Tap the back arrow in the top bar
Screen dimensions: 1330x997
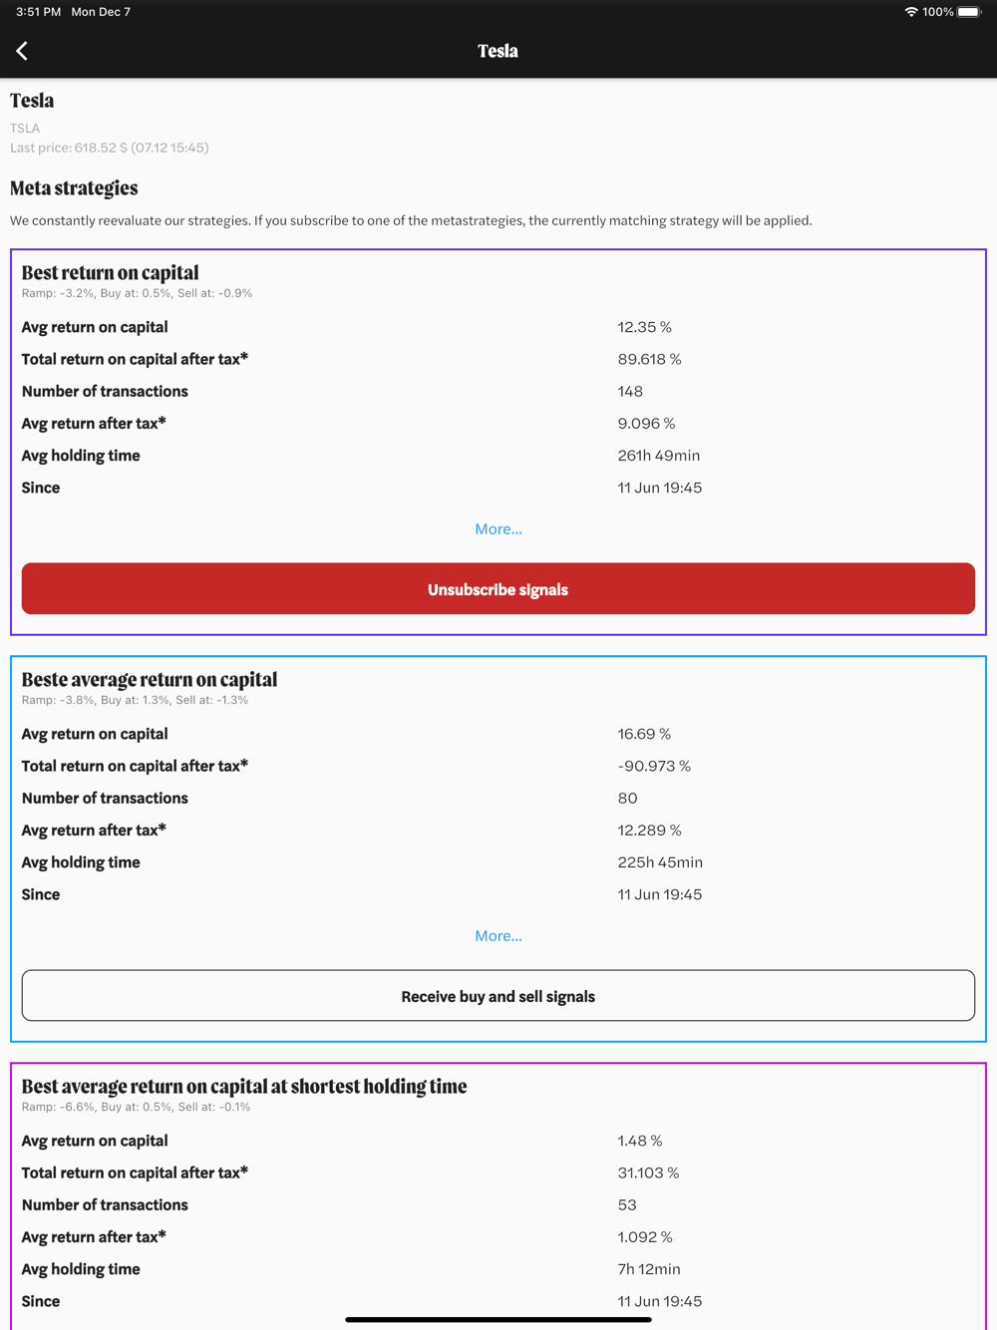[x=22, y=51]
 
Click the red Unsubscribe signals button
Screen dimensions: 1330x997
[x=498, y=589]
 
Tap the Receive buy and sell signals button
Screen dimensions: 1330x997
[x=498, y=996]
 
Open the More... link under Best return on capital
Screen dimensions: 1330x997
[x=498, y=529]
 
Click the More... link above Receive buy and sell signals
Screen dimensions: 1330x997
[x=498, y=936]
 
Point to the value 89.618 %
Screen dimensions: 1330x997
[x=649, y=359]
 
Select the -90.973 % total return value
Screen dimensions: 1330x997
[x=654, y=766]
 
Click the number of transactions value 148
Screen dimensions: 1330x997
[x=630, y=392]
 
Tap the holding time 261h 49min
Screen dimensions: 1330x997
[x=658, y=456]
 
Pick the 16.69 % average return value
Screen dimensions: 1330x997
[x=644, y=734]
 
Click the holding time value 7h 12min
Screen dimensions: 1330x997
[x=648, y=1269]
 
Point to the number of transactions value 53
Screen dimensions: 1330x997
[x=627, y=1205]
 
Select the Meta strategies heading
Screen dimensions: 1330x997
[x=74, y=188]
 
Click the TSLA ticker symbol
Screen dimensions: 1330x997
[x=25, y=129]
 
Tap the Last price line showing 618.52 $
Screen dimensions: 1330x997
[x=110, y=148]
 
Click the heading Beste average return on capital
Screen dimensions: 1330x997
[x=150, y=680]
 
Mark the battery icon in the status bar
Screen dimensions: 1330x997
[x=969, y=12]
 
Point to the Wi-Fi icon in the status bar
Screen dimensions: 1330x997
[x=910, y=12]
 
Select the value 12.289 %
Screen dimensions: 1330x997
[x=649, y=831]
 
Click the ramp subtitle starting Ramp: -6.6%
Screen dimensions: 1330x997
[x=136, y=1107]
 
